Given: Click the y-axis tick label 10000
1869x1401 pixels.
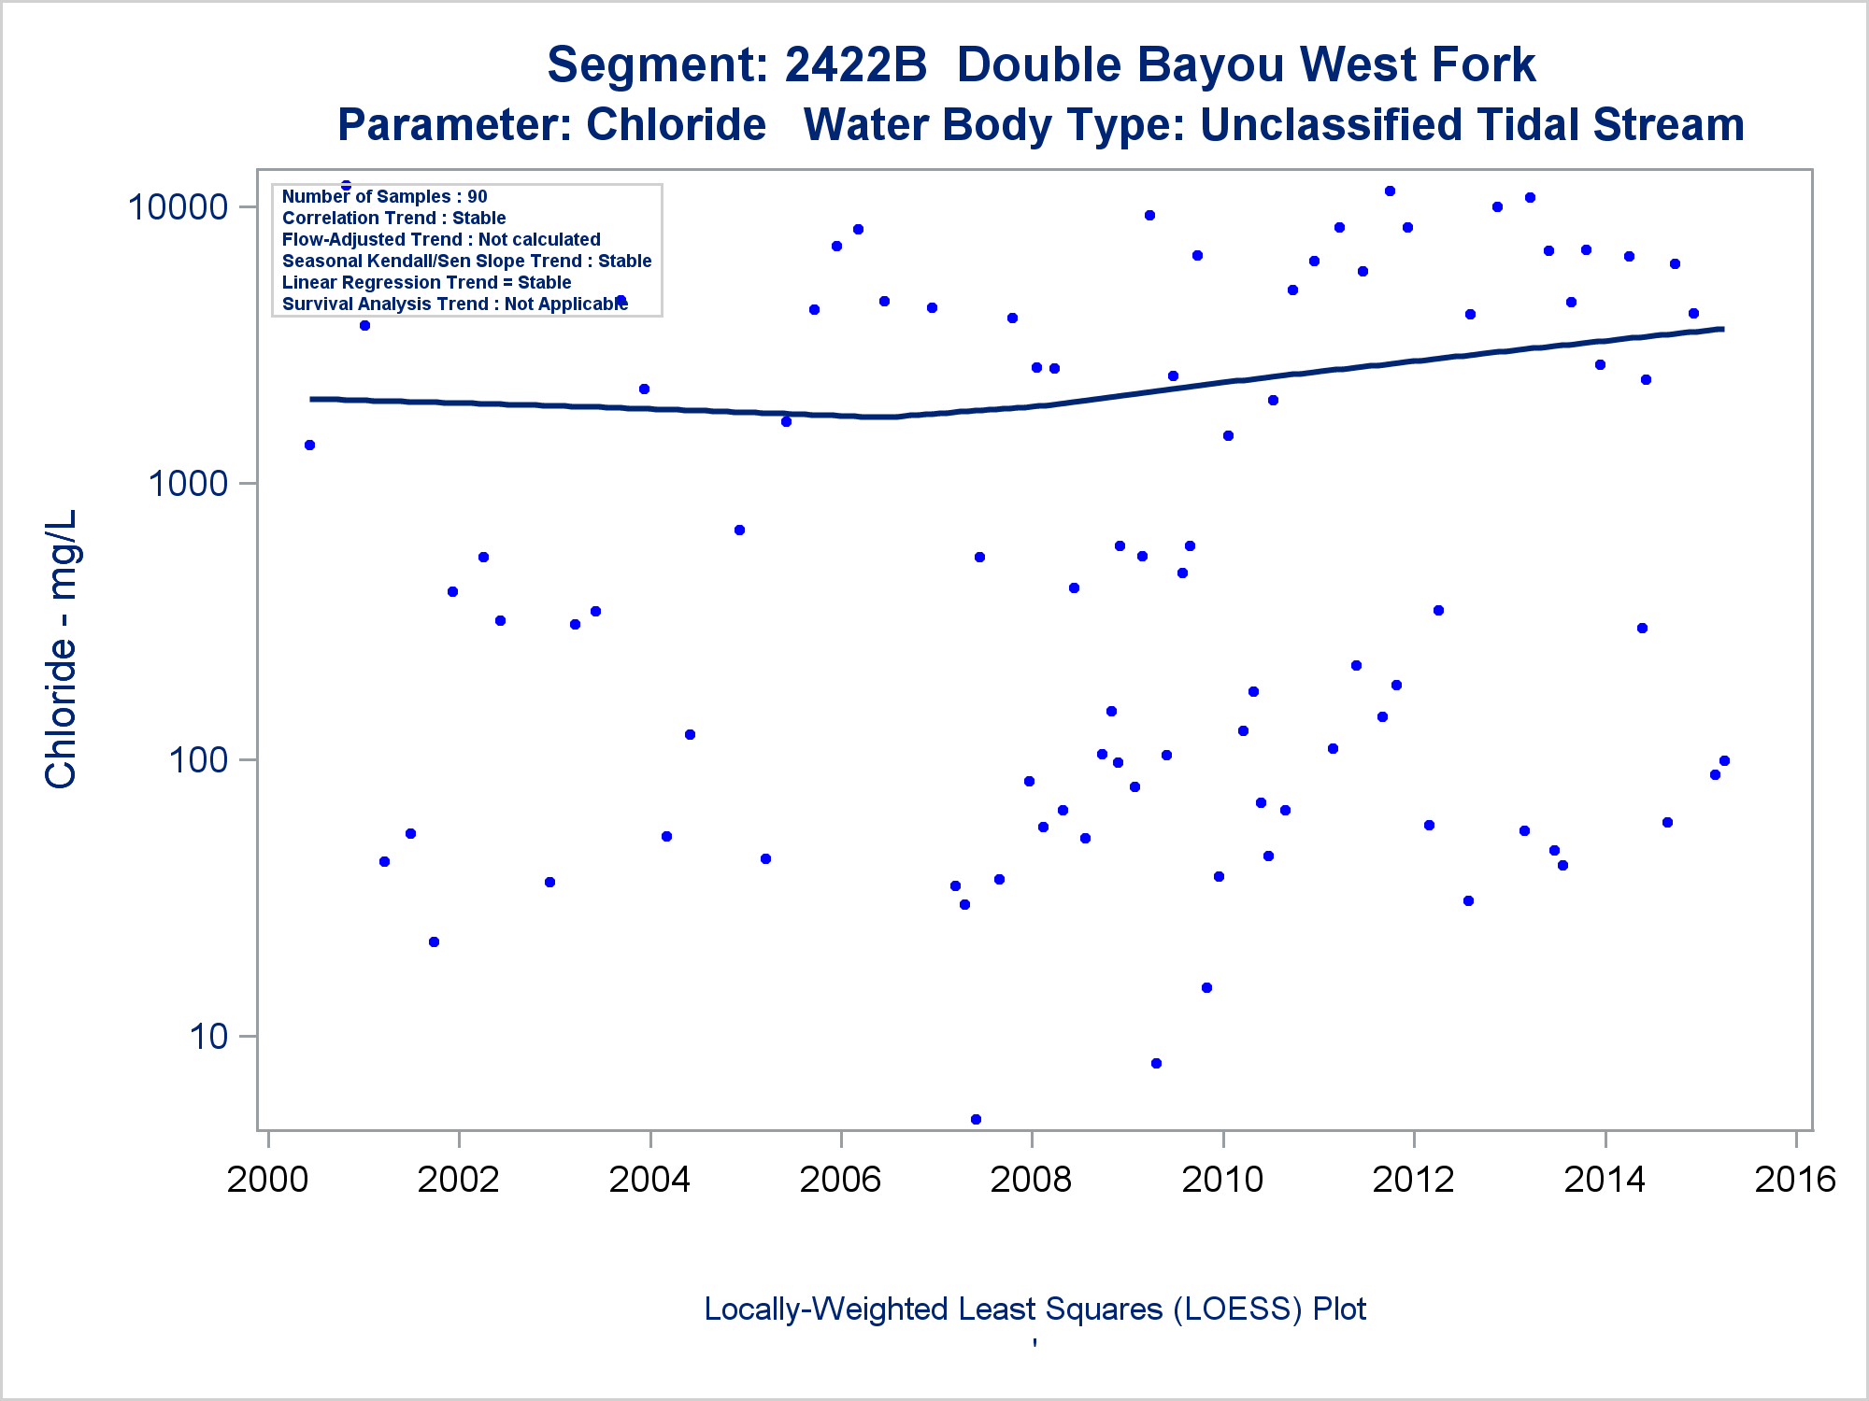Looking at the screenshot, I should [x=178, y=207].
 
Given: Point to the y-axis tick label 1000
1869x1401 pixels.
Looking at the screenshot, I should [x=188, y=484].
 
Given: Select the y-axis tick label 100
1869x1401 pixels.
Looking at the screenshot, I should [x=198, y=760].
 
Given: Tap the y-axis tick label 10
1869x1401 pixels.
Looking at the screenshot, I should [x=208, y=1037].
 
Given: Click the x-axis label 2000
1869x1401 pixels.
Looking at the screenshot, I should [x=267, y=1180].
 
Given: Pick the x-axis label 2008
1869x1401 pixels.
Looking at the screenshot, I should [x=1032, y=1180].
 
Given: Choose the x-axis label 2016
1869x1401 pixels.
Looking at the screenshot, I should [x=1795, y=1180].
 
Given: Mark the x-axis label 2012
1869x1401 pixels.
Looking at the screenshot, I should [x=1414, y=1180].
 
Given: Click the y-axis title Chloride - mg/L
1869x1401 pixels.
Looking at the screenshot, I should [x=62, y=650].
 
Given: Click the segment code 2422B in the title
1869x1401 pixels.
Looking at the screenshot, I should [x=855, y=65].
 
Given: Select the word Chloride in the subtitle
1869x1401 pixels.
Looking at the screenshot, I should [x=676, y=125].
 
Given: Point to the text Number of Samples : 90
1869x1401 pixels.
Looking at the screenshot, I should [x=384, y=196].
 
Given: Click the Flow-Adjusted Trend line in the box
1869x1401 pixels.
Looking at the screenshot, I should [x=441, y=239].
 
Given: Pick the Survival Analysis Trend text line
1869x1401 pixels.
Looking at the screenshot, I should [x=454, y=304].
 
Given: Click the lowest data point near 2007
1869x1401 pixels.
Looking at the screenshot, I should [x=976, y=1119].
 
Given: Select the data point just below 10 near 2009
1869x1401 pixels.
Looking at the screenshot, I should [x=1156, y=1063].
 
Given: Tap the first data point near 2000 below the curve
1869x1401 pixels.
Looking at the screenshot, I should [x=309, y=445].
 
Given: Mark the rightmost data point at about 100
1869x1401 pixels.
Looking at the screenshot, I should [x=1724, y=760].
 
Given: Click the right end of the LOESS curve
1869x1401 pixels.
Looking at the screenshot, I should [x=1721, y=329].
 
